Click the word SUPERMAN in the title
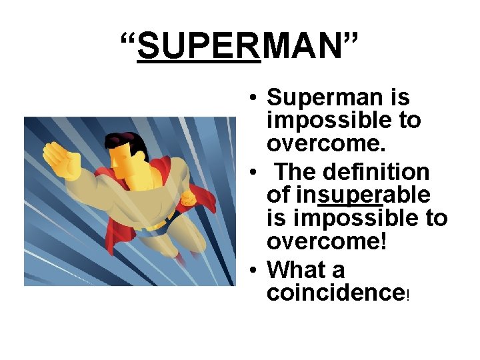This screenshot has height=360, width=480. point(239,46)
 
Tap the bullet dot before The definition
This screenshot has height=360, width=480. point(255,173)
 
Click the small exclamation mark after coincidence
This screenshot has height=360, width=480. point(407,296)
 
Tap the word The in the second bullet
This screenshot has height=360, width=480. point(294,171)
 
